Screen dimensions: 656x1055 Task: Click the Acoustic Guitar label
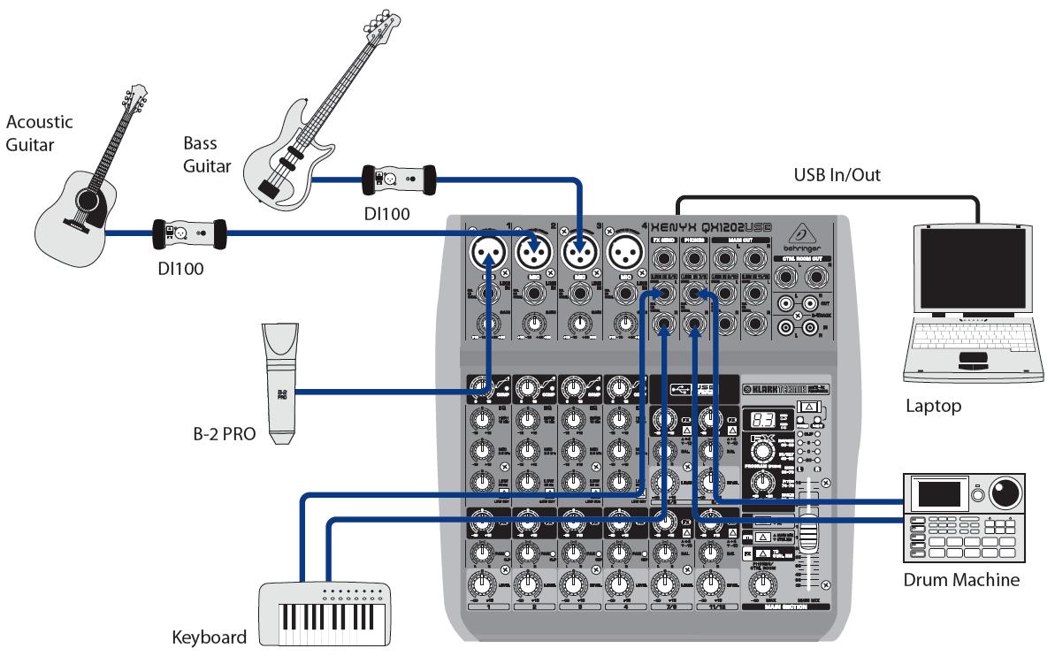(x=39, y=132)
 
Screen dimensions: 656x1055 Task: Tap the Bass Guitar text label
(x=206, y=154)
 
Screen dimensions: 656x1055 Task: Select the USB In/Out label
(x=837, y=176)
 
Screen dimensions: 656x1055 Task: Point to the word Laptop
(x=932, y=407)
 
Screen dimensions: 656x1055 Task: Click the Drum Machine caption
(x=961, y=581)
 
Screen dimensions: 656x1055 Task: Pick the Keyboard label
(x=209, y=637)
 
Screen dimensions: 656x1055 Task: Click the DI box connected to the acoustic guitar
(x=189, y=234)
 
